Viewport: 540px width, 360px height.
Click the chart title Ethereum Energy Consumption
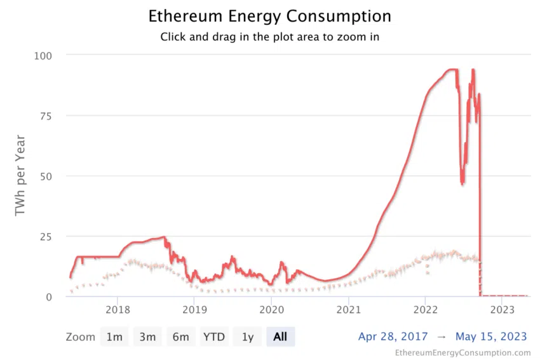point(269,16)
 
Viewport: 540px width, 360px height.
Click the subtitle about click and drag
point(269,37)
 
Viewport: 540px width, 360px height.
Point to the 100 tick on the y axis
point(42,56)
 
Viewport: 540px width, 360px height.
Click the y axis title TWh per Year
point(20,175)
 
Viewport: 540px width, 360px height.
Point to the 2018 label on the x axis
point(117,310)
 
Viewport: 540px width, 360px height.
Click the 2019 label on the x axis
point(194,310)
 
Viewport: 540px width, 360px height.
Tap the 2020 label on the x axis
point(271,310)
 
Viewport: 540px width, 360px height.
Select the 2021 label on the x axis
point(348,310)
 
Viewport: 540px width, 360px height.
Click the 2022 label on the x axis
point(425,310)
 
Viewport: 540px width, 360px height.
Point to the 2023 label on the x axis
point(503,310)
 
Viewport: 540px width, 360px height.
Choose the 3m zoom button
point(147,337)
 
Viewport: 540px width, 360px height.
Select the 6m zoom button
point(180,337)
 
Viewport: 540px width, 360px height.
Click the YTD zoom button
point(213,337)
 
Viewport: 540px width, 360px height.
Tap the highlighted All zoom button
point(280,337)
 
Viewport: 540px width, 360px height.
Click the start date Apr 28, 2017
point(393,337)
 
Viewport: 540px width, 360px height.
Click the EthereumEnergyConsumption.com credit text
point(462,352)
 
